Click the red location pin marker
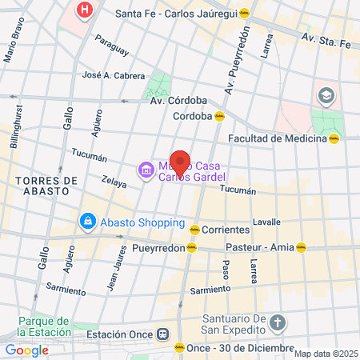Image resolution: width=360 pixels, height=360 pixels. [180, 162]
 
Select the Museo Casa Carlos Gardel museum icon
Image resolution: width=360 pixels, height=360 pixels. [145, 169]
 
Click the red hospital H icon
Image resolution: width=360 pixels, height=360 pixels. [83, 10]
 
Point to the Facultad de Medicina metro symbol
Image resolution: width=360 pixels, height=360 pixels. [334, 138]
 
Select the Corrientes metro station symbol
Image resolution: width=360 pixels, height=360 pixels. [194, 230]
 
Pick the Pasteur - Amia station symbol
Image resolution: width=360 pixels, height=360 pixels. [301, 248]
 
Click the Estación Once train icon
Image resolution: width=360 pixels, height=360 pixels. [163, 334]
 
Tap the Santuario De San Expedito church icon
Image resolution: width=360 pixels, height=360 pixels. [277, 324]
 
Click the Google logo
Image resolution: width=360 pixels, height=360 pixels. [26, 350]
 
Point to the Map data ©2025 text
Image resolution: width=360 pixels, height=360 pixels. [326, 353]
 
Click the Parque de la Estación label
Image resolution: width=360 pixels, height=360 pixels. [46, 326]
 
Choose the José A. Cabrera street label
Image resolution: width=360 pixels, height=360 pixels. [113, 75]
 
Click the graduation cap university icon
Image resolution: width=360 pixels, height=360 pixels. [326, 96]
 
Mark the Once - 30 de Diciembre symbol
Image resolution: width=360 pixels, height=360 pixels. [179, 347]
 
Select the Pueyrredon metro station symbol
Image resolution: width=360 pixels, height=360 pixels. [190, 248]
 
